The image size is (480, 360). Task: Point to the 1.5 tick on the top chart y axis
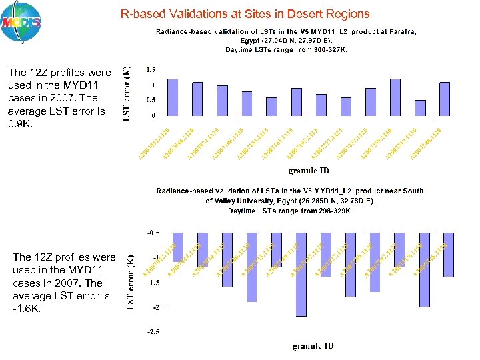click(151, 69)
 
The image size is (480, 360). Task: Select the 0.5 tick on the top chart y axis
click(151, 100)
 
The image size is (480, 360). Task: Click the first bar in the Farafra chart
click(173, 97)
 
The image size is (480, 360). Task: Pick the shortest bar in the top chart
click(420, 108)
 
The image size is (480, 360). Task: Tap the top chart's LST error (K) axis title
click(127, 93)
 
